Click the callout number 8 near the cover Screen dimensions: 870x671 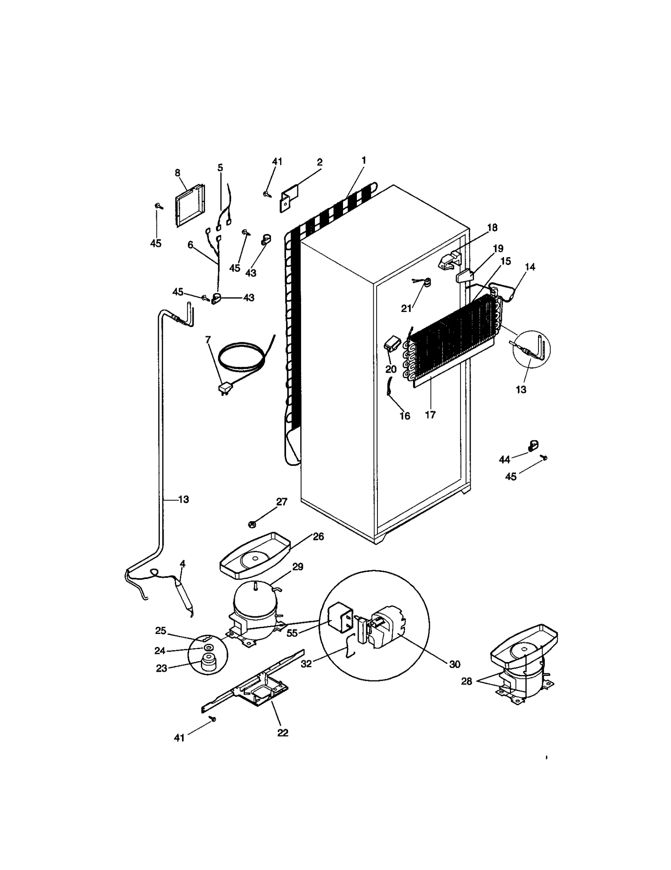(177, 173)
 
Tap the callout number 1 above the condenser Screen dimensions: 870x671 (364, 160)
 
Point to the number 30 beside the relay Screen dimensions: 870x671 (454, 664)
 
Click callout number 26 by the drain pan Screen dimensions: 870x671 (318, 537)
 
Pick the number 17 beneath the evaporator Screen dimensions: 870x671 (430, 415)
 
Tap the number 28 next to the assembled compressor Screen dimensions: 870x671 (466, 681)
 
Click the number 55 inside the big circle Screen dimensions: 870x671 (292, 633)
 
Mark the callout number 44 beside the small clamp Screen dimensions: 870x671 (504, 460)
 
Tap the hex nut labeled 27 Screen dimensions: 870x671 (252, 524)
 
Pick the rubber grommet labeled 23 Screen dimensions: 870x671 (207, 661)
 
